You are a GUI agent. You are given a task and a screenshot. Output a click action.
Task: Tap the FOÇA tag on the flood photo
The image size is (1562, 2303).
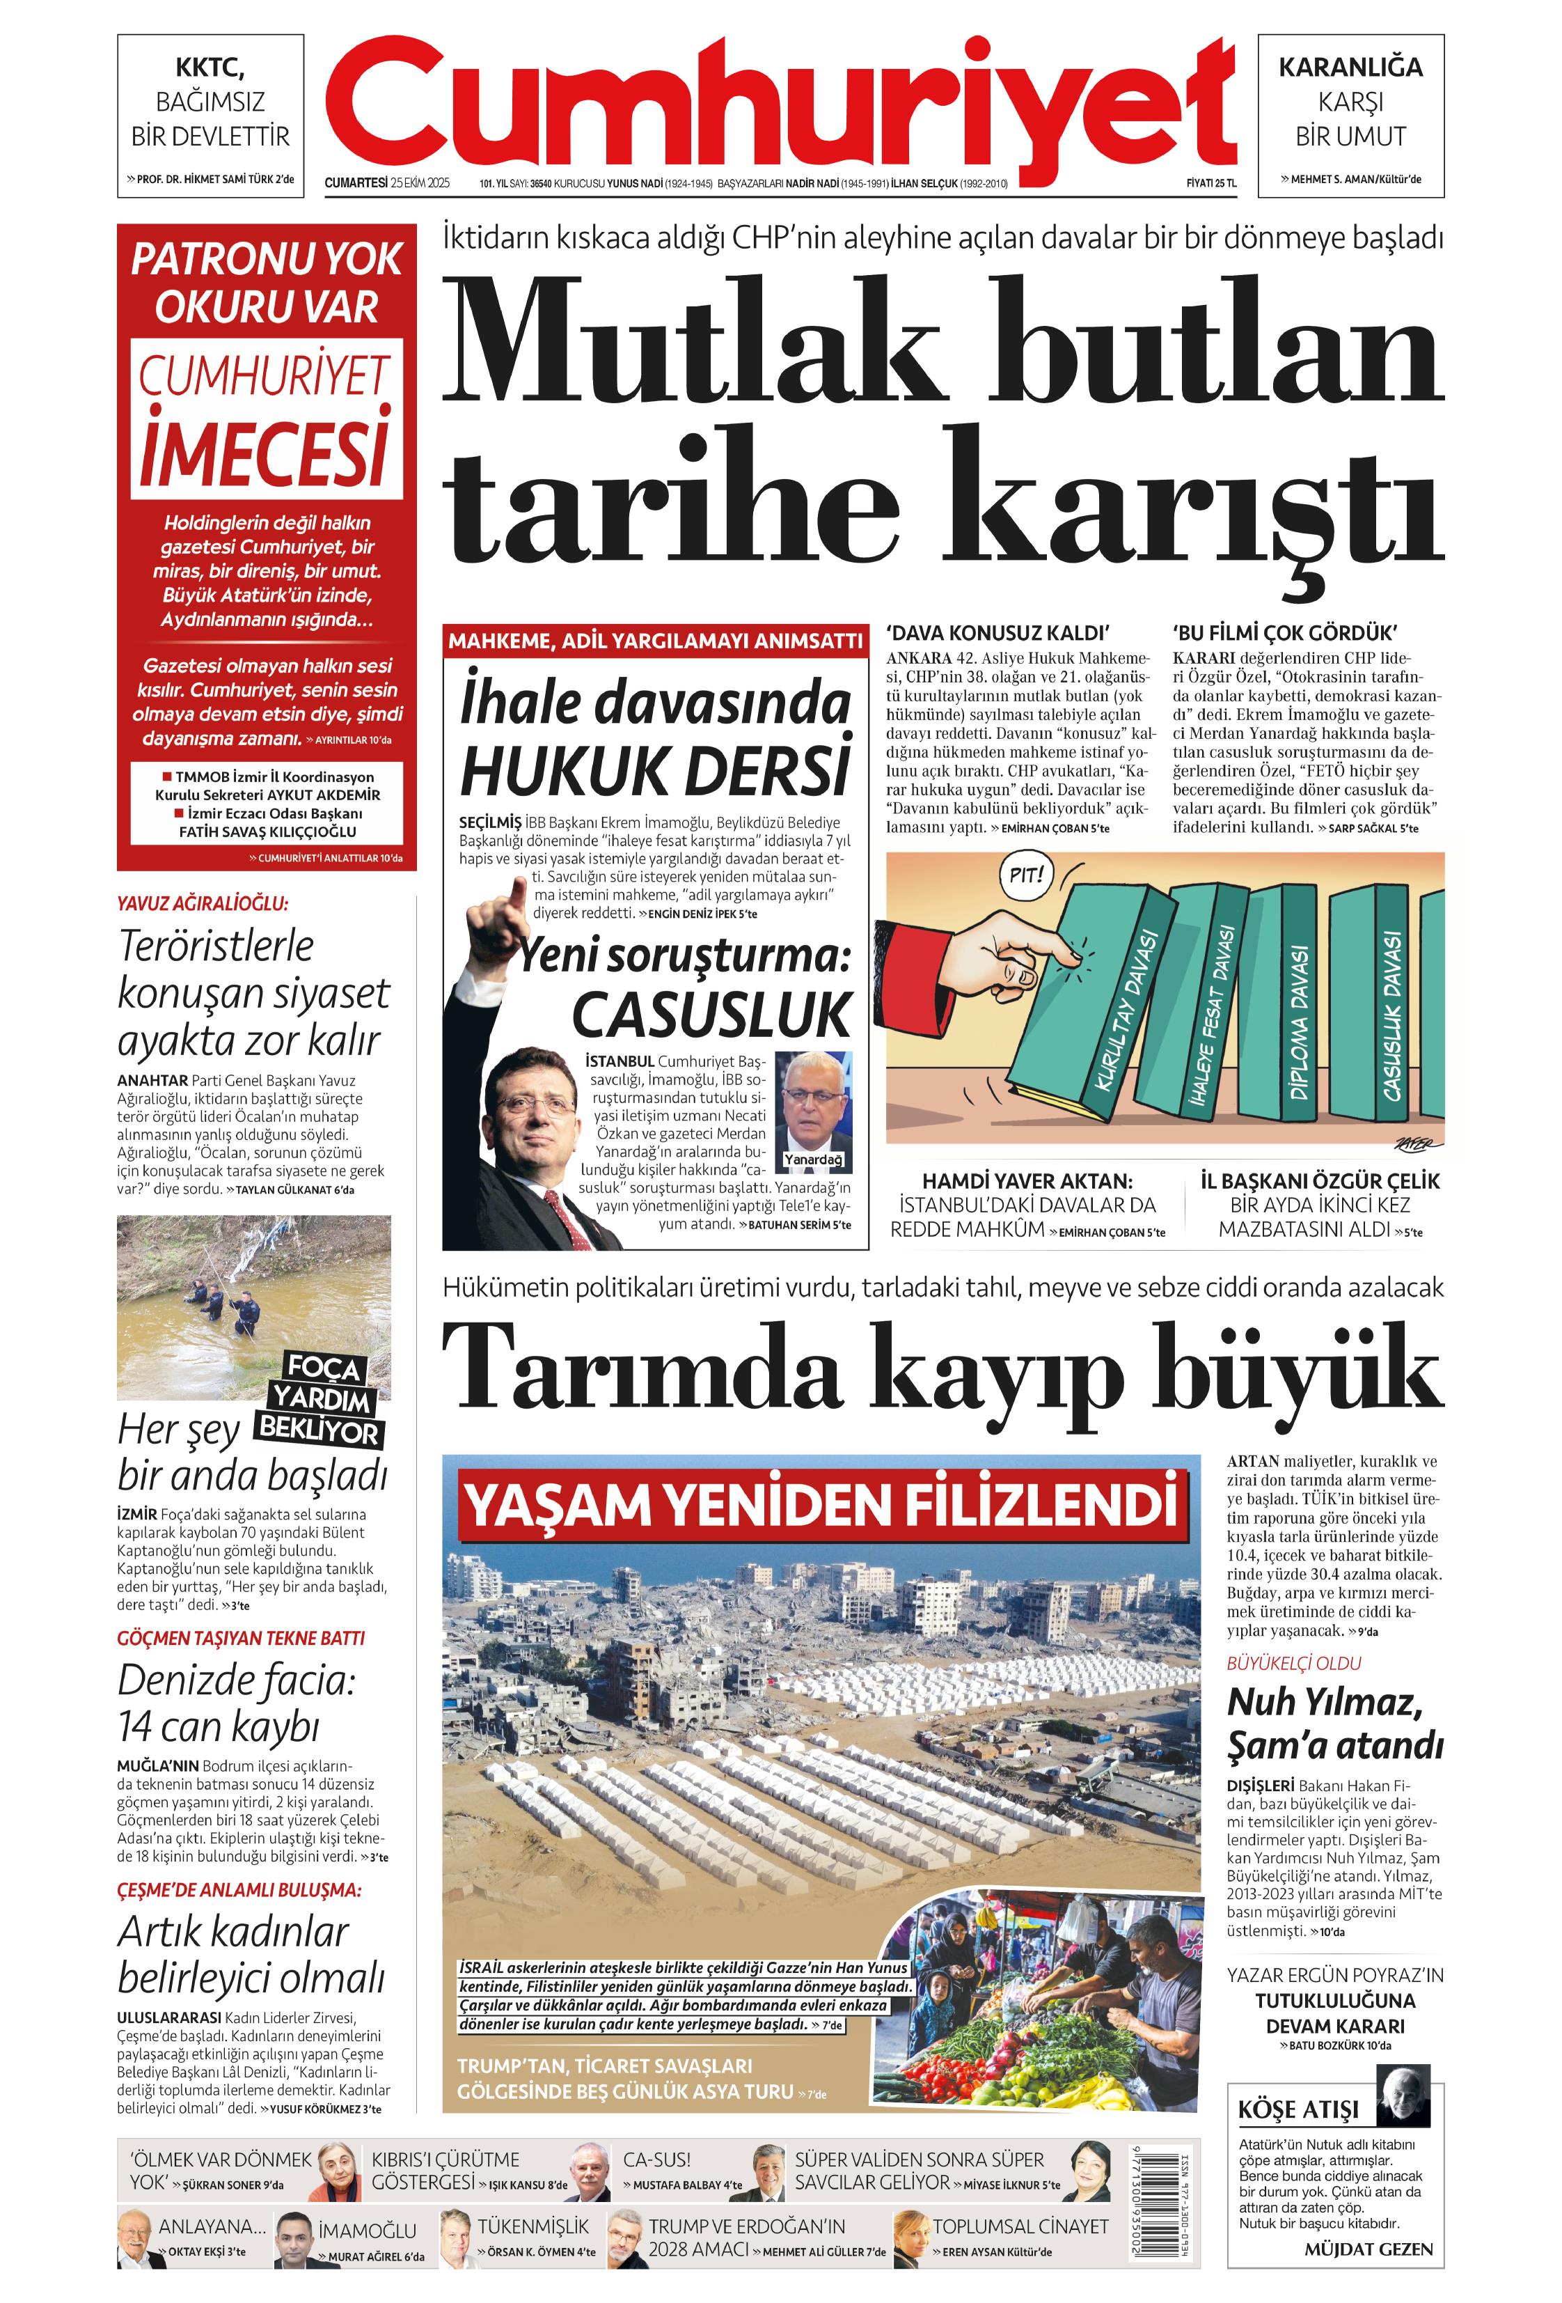[323, 1368]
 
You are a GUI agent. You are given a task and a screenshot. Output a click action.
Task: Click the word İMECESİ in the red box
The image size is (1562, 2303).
[264, 453]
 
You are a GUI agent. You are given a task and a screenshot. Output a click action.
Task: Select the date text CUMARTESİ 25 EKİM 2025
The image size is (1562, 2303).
[387, 183]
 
